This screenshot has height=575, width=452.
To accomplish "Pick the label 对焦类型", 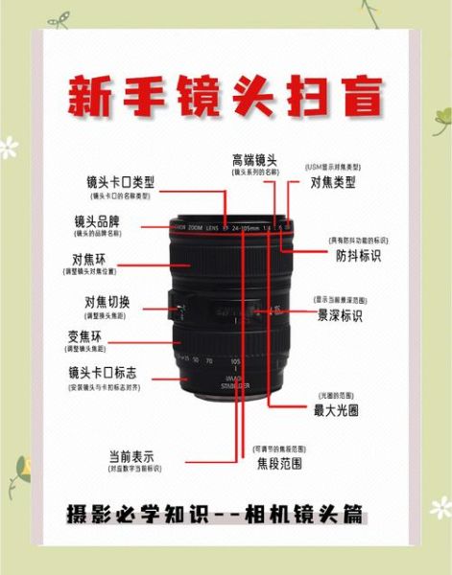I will pyautogui.click(x=333, y=181).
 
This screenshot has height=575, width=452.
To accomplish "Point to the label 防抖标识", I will pyautogui.click(x=358, y=257).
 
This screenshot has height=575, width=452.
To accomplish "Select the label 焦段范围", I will pyautogui.click(x=279, y=464).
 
